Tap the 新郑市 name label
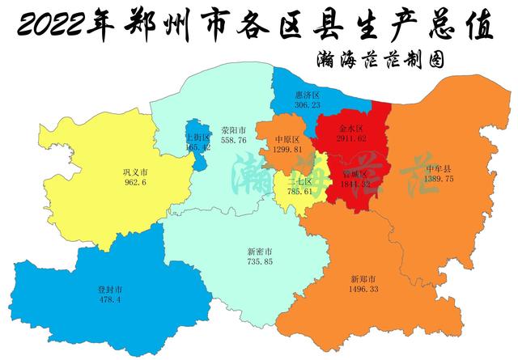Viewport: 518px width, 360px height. coord(363,278)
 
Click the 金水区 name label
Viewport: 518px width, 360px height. coord(350,129)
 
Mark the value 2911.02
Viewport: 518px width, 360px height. coord(350,139)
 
